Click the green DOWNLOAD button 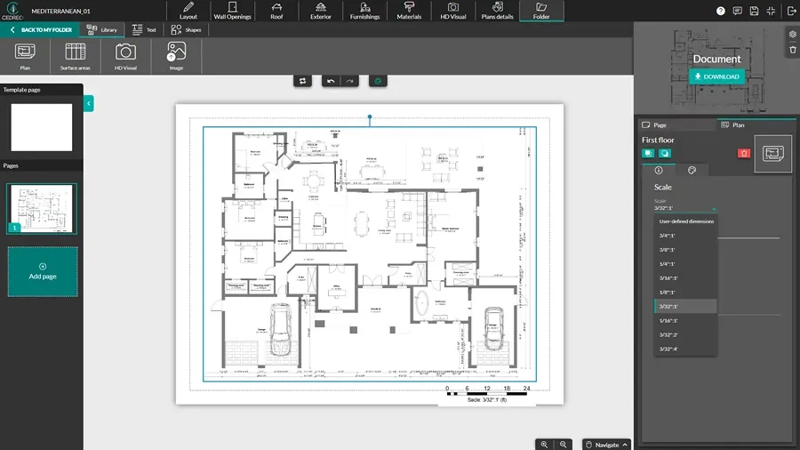pos(716,76)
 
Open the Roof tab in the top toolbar pos(276,11)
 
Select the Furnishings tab pos(364,11)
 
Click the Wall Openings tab pos(232,11)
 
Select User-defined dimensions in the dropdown pos(685,221)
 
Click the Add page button pos(43,271)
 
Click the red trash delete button pos(744,154)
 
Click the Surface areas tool pos(76,56)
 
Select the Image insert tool pos(176,56)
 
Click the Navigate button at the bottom pos(606,444)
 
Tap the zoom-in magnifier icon pos(544,444)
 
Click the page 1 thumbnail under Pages pos(42,209)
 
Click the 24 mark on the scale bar pos(526,390)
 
